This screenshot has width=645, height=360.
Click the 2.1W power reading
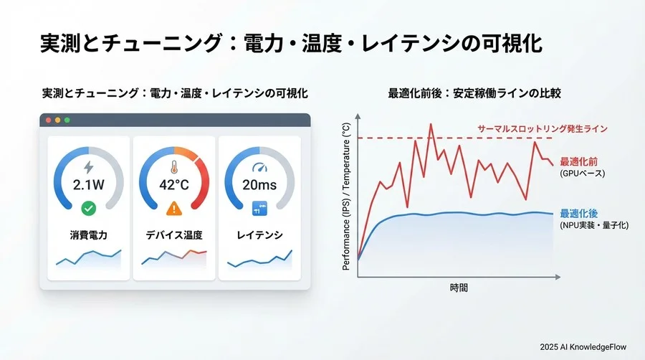coord(89,184)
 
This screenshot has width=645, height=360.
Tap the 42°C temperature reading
coord(175,184)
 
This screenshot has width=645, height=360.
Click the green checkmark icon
coord(89,208)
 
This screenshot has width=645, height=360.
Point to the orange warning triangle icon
coord(175,208)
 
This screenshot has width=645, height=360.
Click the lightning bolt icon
coord(89,166)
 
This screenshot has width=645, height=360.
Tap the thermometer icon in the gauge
coord(175,167)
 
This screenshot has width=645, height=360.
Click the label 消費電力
coord(89,235)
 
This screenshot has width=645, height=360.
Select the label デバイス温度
coord(175,235)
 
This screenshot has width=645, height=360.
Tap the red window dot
coord(49,120)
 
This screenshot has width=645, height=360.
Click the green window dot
coord(68,120)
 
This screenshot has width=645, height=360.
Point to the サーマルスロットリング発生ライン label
coord(543,128)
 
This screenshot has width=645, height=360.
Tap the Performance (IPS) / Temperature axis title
coord(347,195)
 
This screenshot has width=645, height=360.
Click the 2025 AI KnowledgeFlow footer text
coord(583,347)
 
